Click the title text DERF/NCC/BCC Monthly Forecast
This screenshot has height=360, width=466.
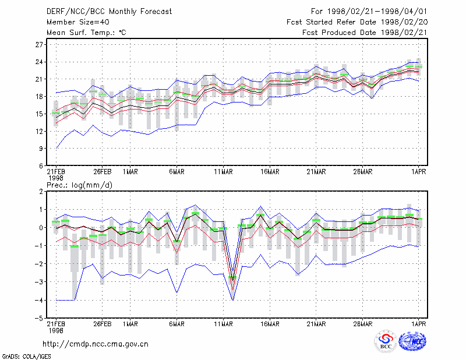109,12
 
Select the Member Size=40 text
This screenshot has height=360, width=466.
78,22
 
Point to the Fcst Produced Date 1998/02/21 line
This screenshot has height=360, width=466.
365,33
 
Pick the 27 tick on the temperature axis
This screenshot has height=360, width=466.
39,45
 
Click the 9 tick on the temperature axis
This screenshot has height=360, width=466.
41,149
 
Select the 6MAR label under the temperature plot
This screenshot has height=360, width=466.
177,172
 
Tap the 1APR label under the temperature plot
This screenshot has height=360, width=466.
418,172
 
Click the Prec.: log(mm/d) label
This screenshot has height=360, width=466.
79,185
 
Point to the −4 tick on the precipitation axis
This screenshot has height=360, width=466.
39,300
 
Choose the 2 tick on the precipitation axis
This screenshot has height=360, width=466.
41,192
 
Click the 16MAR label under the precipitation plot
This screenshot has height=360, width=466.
270,324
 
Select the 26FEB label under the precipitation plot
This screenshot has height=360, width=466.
103,324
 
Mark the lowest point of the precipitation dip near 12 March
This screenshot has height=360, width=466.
232,300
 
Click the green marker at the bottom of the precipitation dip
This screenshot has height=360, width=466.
232,278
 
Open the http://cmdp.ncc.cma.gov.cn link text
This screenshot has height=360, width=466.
96,344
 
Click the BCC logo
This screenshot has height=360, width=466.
386,341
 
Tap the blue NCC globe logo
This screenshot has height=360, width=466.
413,341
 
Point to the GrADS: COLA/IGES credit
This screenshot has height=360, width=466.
26,357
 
